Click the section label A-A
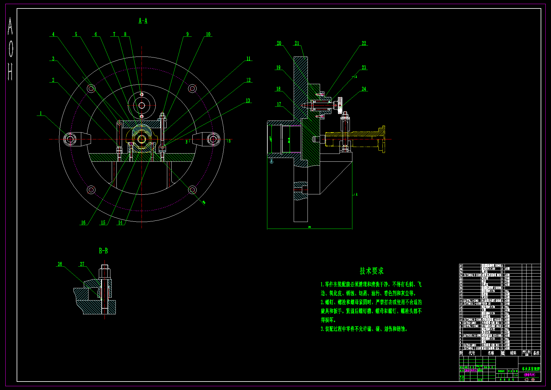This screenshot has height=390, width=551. (x=143, y=21)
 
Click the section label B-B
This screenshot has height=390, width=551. (x=103, y=251)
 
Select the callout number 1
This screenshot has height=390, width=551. (x=40, y=113)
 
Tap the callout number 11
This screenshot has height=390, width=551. (x=248, y=59)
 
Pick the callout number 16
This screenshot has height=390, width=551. (x=83, y=223)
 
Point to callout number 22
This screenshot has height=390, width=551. (x=364, y=43)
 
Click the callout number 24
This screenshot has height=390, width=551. (x=364, y=89)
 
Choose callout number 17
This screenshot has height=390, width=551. (x=279, y=104)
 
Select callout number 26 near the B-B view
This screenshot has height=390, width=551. (x=60, y=264)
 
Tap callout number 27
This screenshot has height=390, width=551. (x=82, y=264)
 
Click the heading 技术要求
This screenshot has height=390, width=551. (x=372, y=271)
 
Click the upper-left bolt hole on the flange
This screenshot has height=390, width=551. (x=91, y=89)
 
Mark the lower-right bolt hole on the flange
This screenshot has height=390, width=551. (x=192, y=190)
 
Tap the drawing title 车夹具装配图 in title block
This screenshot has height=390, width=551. (x=531, y=369)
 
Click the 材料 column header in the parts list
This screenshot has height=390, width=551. (x=513, y=353)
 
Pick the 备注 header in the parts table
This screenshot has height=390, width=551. (x=536, y=353)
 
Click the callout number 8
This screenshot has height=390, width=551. (x=125, y=34)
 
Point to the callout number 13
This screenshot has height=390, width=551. (x=248, y=101)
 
